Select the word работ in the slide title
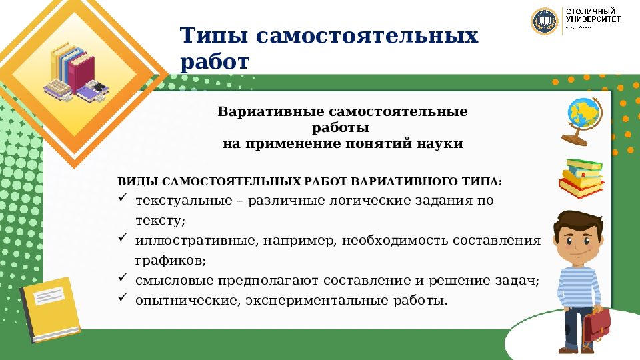[x=214, y=62]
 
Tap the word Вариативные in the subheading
[x=260, y=111]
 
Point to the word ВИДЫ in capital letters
[x=137, y=182]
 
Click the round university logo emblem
[x=544, y=21]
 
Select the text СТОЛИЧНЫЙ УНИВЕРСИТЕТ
[x=593, y=17]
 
